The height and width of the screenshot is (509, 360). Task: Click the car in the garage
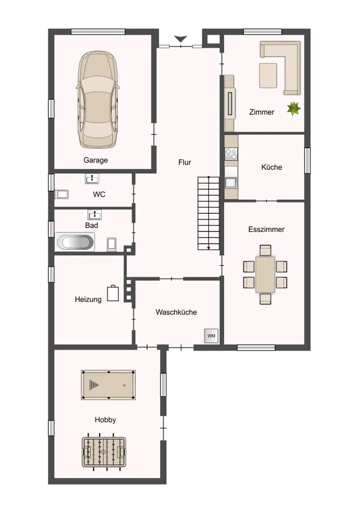click(97, 100)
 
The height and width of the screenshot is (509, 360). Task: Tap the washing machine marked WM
click(211, 336)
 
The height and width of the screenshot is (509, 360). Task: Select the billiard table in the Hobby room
click(108, 385)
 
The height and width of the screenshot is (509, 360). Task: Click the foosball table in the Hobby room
click(104, 451)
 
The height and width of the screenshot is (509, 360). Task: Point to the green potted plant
click(294, 109)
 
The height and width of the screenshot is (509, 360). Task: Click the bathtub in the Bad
click(75, 242)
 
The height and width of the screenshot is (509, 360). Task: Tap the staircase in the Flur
click(209, 213)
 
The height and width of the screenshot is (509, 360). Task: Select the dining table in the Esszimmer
click(265, 275)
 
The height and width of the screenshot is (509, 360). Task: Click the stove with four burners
click(232, 153)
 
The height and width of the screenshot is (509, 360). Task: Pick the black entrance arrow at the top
click(181, 39)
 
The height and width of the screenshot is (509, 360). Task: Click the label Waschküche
click(176, 312)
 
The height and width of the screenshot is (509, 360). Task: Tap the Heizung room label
click(88, 299)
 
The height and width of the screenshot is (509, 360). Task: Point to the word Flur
click(185, 162)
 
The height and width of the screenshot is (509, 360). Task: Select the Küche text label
click(272, 167)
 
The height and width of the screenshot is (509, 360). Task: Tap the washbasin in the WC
click(92, 179)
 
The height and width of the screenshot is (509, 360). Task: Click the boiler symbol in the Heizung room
click(113, 293)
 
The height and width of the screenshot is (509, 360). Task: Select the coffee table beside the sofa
click(268, 76)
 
